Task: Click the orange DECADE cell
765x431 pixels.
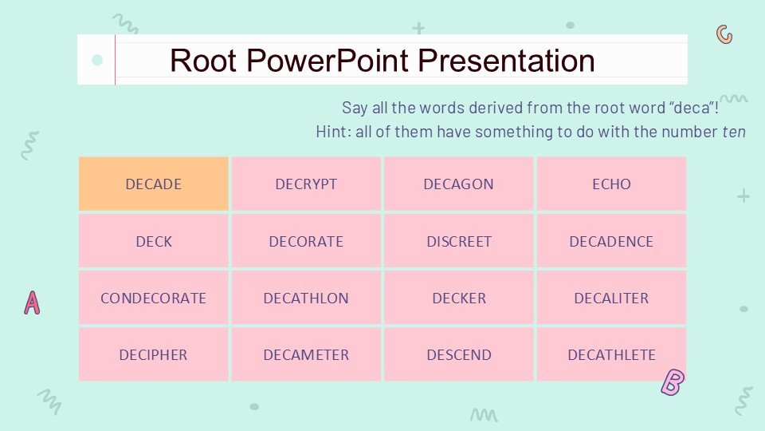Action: (153, 184)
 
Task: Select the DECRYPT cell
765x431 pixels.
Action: (306, 184)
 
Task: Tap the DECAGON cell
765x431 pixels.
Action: (458, 184)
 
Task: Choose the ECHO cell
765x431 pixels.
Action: (611, 184)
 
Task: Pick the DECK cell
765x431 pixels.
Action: (153, 241)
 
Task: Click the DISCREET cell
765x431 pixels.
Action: (458, 241)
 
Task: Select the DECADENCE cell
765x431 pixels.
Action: (611, 241)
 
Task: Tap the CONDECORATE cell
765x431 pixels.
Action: (153, 298)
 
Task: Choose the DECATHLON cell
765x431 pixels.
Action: (306, 298)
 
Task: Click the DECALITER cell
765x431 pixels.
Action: (611, 298)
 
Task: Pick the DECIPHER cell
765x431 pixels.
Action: (153, 354)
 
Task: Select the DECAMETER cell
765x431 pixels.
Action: (306, 354)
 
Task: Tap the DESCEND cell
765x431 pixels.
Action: (458, 354)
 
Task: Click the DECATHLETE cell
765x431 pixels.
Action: (611, 354)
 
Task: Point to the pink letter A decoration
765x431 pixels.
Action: (32, 302)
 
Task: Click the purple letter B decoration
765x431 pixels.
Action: (673, 383)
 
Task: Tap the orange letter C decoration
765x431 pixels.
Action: (724, 34)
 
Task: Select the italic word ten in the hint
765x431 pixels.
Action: (734, 132)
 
